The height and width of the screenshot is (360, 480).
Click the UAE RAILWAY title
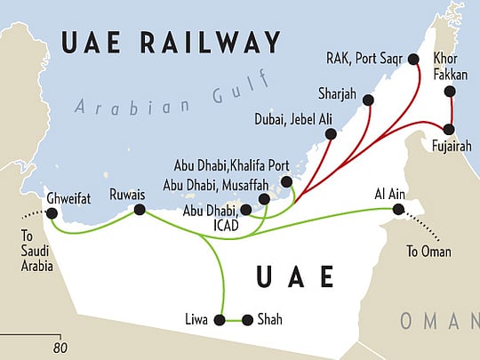coord(168,42)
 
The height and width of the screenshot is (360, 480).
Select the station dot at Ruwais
coord(140,210)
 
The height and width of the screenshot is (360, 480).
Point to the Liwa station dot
coord(220,319)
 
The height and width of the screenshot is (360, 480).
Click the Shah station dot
coord(248,319)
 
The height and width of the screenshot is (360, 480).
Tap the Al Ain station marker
coord(398,210)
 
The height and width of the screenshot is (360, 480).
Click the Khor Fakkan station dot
coord(450,92)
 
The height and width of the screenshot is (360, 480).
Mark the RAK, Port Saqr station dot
coord(413,59)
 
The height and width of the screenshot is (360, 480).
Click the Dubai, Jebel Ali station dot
coord(331,134)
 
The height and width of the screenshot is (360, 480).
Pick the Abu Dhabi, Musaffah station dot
coord(264,199)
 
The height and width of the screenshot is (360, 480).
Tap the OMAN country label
coord(440,320)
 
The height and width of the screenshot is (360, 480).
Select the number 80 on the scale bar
coord(60,347)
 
